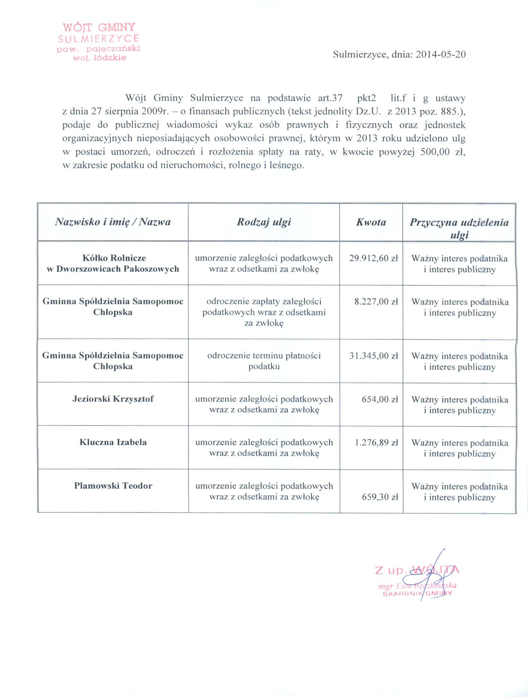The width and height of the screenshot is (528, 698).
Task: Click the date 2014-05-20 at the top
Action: [441, 54]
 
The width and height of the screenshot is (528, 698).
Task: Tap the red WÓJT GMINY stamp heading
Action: [99, 27]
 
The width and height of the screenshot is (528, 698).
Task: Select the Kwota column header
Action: [371, 222]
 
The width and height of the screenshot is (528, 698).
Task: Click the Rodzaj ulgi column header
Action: [264, 222]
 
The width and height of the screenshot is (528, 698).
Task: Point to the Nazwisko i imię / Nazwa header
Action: [113, 222]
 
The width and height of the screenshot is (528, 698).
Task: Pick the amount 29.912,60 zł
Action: [374, 258]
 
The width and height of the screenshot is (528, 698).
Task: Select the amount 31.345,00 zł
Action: [374, 356]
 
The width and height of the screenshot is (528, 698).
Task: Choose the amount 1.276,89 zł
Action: [376, 443]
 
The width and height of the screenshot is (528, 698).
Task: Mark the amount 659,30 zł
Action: [380, 497]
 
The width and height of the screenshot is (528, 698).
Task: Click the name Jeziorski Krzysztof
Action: [113, 399]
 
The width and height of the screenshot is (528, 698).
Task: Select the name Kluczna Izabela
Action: [113, 442]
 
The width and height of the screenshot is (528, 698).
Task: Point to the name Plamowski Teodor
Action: [113, 486]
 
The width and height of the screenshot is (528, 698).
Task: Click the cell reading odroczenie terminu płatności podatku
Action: [264, 361]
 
